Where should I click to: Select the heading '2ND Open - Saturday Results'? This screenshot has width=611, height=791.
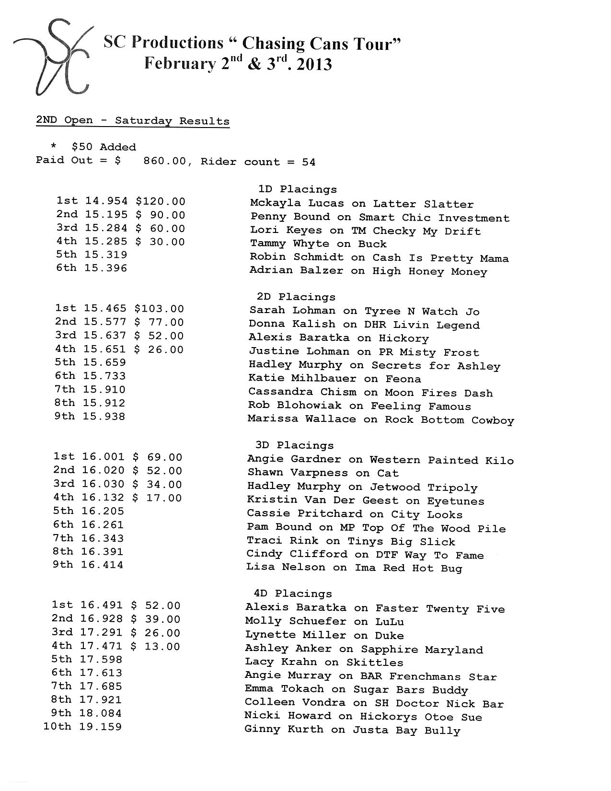pos(133,120)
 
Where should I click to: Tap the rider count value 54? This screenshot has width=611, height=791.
pos(309,162)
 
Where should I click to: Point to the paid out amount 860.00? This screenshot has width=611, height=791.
pos(164,162)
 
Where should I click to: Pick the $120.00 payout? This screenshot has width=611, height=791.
pos(161,201)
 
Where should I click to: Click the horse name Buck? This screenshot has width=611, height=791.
pos(372,244)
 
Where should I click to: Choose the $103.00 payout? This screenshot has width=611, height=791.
pos(159,309)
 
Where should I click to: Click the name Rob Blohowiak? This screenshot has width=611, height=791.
pos(295,406)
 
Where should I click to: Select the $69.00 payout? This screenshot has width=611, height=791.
pos(158,457)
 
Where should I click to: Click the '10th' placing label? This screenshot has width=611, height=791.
pos(57,727)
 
